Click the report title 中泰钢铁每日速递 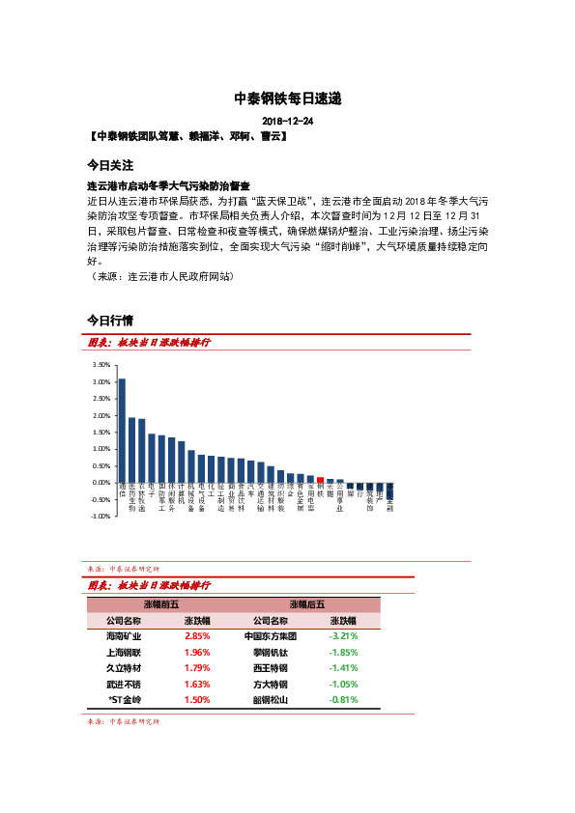point(288,98)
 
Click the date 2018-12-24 point(287,122)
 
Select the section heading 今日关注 point(110,165)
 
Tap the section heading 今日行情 point(110,320)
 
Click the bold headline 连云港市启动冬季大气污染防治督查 point(168,185)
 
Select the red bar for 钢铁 point(320,479)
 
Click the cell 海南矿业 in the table point(124,637)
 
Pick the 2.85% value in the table point(197,637)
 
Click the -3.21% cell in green point(343,637)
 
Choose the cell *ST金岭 point(124,699)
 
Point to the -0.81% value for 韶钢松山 point(343,699)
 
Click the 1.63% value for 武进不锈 point(197,684)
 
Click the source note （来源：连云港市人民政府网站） point(160,275)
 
